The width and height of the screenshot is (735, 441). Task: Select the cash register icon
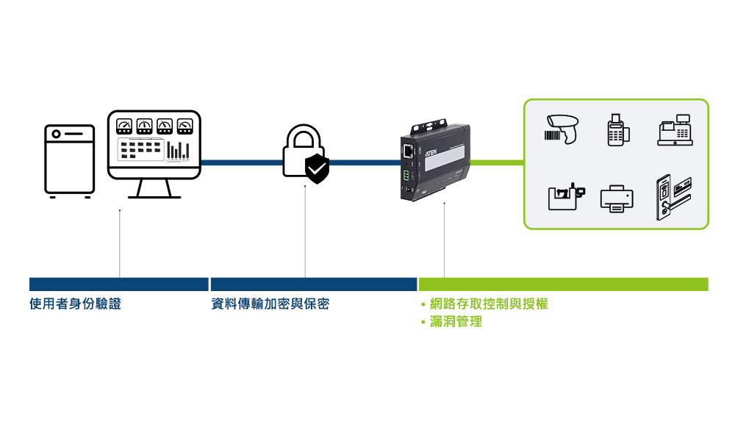[674, 130]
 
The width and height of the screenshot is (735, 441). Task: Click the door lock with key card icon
[673, 196]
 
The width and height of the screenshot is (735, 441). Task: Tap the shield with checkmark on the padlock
[317, 168]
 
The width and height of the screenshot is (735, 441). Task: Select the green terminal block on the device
[406, 176]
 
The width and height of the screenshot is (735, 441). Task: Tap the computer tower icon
[69, 161]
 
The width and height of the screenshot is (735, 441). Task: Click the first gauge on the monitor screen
[124, 126]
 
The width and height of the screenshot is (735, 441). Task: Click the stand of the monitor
[154, 189]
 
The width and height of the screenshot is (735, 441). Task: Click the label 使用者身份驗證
[75, 304]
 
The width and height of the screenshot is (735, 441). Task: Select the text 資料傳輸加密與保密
[270, 304]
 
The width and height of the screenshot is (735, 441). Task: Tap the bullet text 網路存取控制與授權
[489, 304]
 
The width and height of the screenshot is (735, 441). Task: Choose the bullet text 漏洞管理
[456, 321]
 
